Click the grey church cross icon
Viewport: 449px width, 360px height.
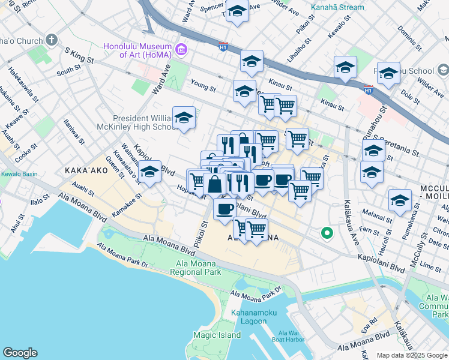pos(52,41)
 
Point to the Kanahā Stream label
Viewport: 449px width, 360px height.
pos(337,8)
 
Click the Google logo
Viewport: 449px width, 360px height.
pos(20,353)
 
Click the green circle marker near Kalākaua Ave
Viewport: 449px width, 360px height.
pos(327,232)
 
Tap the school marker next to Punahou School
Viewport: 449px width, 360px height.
pos(388,74)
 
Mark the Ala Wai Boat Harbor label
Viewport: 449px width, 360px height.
pos(291,337)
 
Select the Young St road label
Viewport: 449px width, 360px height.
pos(202,88)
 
